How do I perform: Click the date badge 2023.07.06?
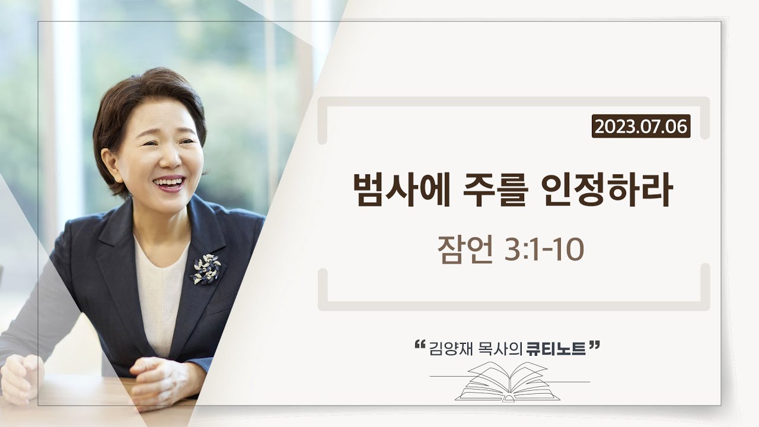pyautogui.click(x=640, y=126)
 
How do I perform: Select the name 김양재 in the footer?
pyautogui.click(x=452, y=349)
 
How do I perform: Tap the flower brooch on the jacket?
pyautogui.click(x=205, y=268)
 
